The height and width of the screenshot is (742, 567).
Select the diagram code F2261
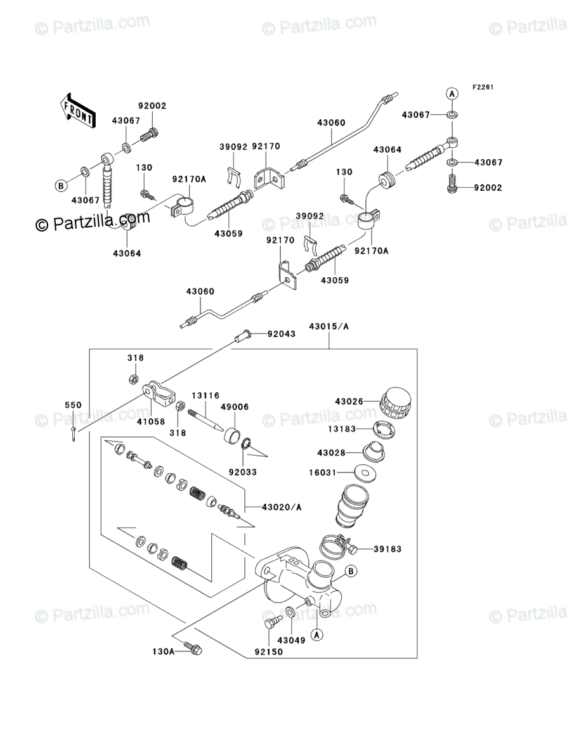point(482,87)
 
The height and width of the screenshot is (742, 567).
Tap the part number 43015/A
point(329,327)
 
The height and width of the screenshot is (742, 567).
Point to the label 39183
point(387,549)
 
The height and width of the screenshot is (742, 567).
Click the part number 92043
point(281,334)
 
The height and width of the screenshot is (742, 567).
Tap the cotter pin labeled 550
point(74,435)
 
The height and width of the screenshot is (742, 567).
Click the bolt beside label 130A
point(193,648)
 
